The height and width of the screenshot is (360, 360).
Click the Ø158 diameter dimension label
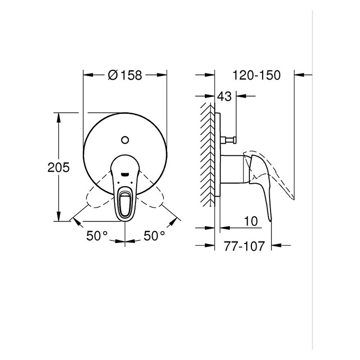click(125, 75)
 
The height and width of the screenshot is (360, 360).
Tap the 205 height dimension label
click(58, 168)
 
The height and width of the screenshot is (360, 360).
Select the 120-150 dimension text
click(257, 75)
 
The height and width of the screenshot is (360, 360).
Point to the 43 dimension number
click(224, 96)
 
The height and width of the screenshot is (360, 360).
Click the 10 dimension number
click(250, 221)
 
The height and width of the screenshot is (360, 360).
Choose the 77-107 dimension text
click(244, 246)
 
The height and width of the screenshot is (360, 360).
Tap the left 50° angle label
click(97, 235)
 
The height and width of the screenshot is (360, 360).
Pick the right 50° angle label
click(154, 235)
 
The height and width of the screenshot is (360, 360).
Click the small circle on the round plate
click(125, 140)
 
